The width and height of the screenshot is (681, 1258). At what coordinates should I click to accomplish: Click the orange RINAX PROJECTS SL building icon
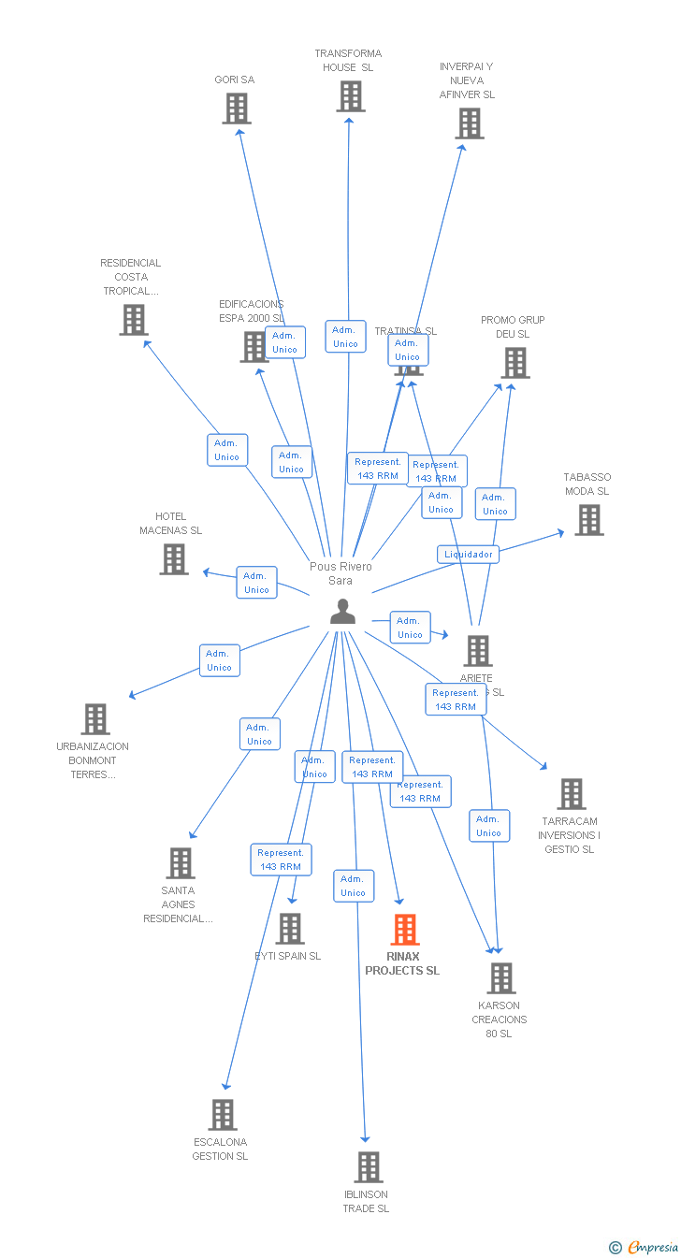405,930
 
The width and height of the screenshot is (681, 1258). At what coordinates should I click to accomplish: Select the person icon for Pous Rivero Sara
343,612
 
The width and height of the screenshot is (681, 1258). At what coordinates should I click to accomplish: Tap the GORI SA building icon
237,108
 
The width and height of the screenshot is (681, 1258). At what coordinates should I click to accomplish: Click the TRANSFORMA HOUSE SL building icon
351,96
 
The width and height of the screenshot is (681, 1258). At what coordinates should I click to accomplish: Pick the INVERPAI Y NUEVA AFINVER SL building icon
470,123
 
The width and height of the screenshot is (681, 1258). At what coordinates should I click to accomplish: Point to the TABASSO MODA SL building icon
588,520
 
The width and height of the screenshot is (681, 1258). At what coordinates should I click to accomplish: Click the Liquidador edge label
468,554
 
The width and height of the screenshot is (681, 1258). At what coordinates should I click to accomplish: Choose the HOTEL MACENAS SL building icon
174,559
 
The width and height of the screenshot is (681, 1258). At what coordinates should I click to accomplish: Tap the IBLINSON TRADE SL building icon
369,1167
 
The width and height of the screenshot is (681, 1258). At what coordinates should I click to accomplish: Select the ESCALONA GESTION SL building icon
223,1115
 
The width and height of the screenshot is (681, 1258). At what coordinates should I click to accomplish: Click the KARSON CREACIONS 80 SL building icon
501,978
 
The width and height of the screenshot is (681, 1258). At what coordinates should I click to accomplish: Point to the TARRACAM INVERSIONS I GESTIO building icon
572,794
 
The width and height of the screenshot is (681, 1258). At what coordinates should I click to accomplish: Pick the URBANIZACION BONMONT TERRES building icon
95,719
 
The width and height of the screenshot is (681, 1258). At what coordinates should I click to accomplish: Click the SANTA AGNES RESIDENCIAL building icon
181,863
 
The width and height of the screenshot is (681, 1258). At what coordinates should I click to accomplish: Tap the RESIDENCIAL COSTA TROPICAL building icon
134,320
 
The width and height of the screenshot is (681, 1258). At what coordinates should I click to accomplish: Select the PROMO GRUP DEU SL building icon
514,363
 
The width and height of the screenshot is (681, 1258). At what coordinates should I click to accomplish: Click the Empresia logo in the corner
645,1247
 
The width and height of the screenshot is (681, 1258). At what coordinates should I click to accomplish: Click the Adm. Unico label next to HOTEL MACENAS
256,583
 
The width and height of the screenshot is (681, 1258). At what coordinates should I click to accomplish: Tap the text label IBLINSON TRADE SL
366,1201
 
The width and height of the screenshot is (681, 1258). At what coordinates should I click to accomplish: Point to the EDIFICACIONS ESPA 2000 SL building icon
254,347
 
